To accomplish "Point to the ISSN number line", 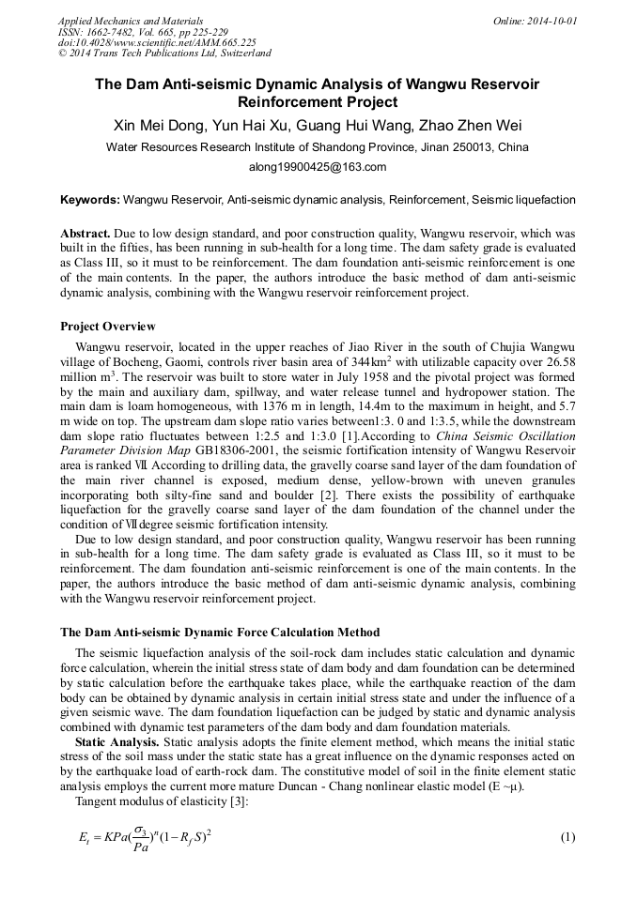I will click(157, 31).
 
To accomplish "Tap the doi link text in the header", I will click(157, 42).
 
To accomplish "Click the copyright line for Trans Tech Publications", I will click(164, 53).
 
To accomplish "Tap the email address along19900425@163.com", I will click(318, 167).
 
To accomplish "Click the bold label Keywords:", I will click(90, 200).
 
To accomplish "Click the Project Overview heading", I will click(107, 327).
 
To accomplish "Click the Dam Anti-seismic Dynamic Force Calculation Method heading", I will click(220, 631).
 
